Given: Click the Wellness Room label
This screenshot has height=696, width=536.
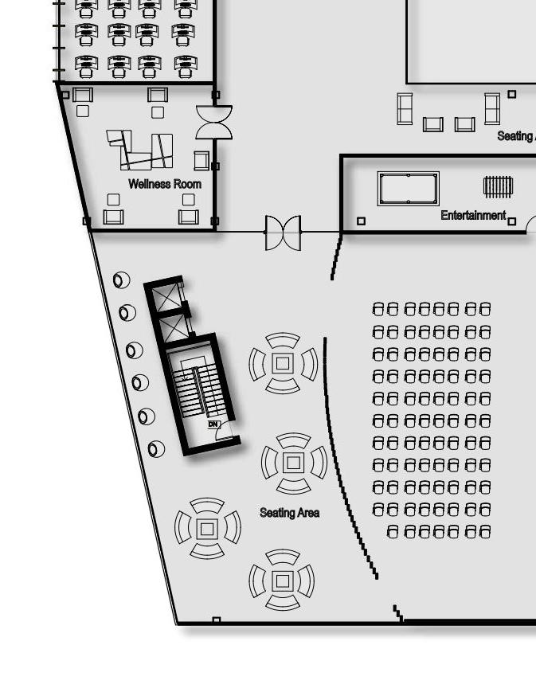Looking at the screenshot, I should (x=164, y=184).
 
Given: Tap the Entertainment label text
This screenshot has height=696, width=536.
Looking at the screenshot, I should (x=473, y=216).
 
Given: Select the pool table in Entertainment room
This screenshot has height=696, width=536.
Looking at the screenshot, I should (x=409, y=188).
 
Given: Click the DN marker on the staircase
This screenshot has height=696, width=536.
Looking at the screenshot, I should (x=213, y=424).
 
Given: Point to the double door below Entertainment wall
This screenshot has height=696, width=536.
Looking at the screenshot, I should (x=284, y=233).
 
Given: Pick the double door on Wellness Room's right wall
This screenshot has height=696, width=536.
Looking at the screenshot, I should (x=214, y=122).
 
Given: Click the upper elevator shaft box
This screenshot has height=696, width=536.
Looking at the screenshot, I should (x=167, y=299).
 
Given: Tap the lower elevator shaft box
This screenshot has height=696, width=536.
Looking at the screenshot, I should (x=174, y=328).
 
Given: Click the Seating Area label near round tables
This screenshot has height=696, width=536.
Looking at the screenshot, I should (x=289, y=513).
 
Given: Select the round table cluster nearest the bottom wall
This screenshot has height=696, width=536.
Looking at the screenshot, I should (x=281, y=580).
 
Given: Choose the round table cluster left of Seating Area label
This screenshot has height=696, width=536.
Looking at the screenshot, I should (x=207, y=528).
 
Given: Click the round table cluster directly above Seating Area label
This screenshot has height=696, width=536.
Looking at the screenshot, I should (x=294, y=463).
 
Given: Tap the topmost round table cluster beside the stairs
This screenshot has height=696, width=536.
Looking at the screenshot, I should (x=283, y=363).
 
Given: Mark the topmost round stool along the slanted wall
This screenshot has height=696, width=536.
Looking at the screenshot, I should (x=121, y=280).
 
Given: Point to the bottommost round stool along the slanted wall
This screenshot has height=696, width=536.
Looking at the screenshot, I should (x=157, y=449).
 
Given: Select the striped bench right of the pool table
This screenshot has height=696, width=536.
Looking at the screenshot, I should (x=498, y=186).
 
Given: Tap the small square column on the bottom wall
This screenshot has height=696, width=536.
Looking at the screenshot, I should (x=216, y=620).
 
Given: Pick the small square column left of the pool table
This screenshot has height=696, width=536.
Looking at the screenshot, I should (x=361, y=221).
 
